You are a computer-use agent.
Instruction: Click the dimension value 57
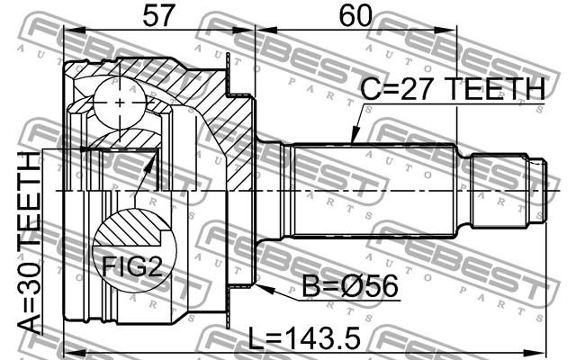pos(158,16)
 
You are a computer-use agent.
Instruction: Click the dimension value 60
pos(355,16)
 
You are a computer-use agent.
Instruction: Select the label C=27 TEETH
pos(453,88)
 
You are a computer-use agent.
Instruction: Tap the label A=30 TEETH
pos(30,243)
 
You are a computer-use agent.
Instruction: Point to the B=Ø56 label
pos(350,286)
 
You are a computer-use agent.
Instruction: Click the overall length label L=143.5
pos(304,338)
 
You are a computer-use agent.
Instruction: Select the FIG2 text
pos(132,266)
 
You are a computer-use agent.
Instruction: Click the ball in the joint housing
pos(120,103)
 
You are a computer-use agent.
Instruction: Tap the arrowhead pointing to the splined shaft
pos(355,135)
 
